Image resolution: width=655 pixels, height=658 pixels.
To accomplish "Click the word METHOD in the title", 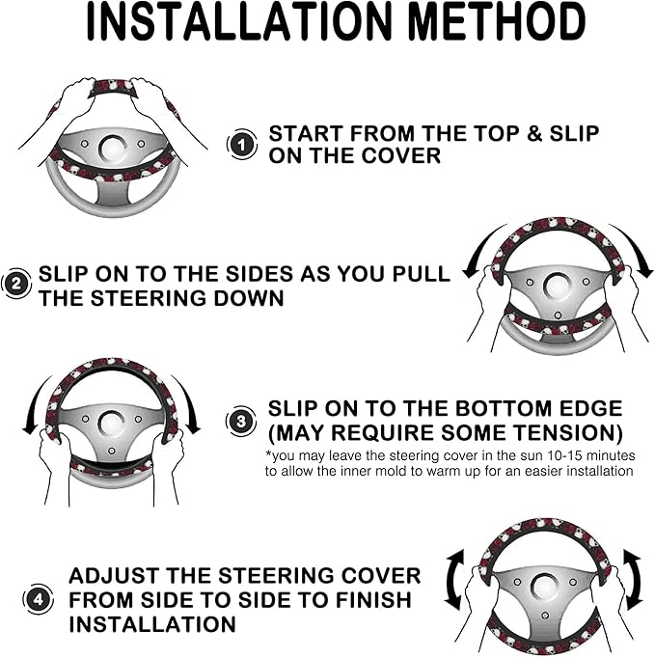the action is [497, 22].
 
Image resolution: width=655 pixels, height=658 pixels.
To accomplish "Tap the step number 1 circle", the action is [242, 145].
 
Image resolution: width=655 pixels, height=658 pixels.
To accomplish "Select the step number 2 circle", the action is [16, 284].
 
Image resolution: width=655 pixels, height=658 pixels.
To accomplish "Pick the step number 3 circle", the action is [241, 421].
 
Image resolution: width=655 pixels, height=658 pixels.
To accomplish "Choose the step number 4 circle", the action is [38, 599].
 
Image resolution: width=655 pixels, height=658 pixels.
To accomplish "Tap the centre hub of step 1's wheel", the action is [112, 149].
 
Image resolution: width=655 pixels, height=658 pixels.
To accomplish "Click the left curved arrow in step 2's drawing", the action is [482, 249].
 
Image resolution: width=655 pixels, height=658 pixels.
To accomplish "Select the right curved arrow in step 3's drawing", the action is [186, 403].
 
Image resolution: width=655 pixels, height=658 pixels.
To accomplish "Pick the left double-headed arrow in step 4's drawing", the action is [455, 579].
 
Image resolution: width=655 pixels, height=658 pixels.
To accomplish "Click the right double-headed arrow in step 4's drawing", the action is [633, 579].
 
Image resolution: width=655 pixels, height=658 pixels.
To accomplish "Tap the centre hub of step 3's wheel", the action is [111, 423].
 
